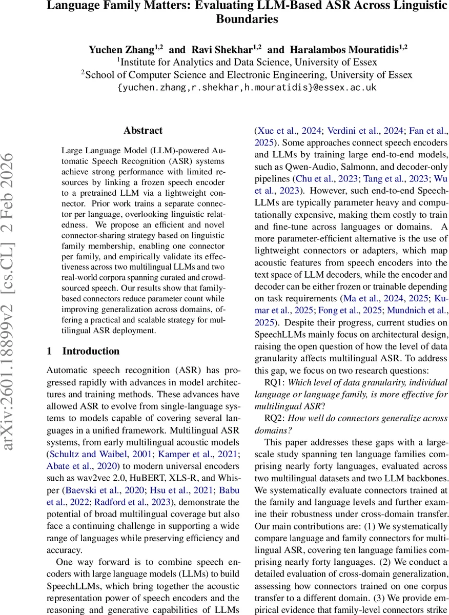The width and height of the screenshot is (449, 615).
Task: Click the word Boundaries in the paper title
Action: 247,19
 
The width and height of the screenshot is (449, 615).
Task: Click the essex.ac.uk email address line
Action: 247,88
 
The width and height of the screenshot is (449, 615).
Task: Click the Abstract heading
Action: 143,131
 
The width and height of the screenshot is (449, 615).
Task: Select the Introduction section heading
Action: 91,351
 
